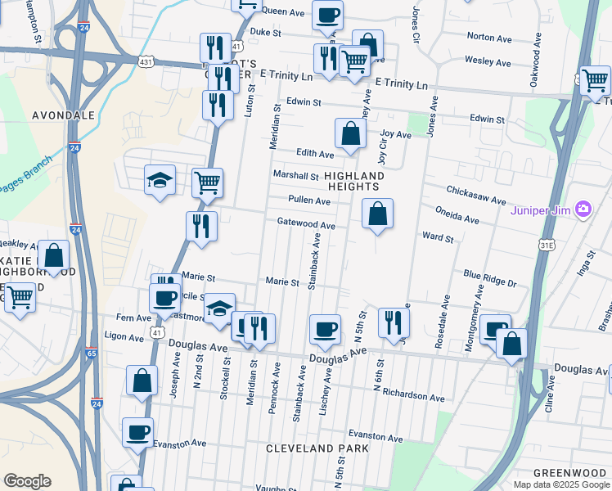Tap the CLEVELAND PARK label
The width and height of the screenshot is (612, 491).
(317, 448)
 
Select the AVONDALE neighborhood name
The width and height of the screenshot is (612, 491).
(63, 115)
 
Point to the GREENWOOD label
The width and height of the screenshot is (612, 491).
(569, 473)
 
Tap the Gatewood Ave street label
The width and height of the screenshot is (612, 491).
(306, 223)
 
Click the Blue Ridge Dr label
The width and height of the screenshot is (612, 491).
(490, 278)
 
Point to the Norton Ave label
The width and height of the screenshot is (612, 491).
(488, 36)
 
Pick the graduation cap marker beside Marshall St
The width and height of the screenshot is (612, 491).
(160, 181)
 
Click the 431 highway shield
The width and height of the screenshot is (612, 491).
(146, 62)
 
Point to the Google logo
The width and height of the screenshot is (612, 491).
(27, 481)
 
